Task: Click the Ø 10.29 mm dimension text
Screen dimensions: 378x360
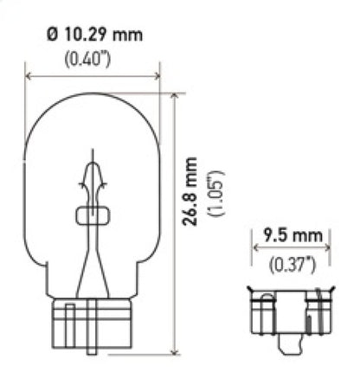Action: click(x=93, y=35)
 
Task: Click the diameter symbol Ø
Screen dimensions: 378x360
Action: click(x=50, y=35)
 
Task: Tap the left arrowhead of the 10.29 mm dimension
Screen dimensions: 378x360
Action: click(x=29, y=75)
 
